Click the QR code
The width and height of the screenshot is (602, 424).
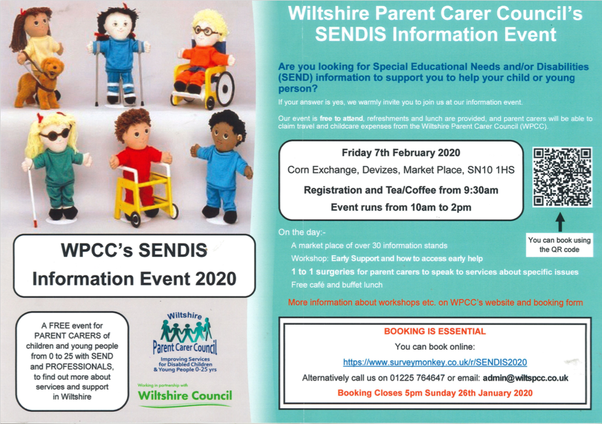click(x=562, y=177)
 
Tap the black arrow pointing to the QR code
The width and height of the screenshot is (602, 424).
click(x=560, y=222)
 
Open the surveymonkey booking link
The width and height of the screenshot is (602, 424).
click(x=435, y=363)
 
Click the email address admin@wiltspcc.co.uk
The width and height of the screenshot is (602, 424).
click(x=525, y=378)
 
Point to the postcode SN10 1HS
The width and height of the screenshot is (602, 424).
click(x=491, y=170)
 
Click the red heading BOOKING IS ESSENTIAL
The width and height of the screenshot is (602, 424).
click(x=435, y=331)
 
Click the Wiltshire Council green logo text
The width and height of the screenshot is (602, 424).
click(x=185, y=396)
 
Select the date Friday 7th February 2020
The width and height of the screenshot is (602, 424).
click(x=401, y=153)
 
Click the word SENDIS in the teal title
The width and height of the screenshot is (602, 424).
click(x=351, y=34)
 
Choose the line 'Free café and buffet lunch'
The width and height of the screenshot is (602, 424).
click(x=337, y=285)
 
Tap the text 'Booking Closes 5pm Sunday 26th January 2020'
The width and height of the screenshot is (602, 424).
click(x=435, y=393)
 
